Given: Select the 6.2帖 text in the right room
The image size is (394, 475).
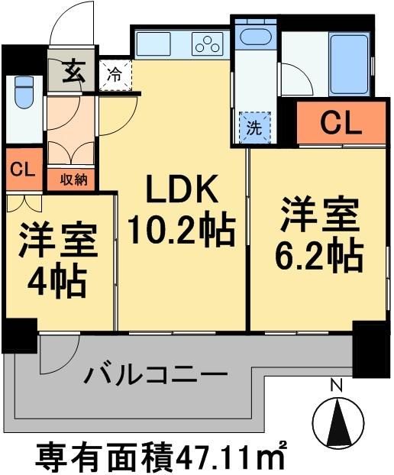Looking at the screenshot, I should click(x=320, y=258).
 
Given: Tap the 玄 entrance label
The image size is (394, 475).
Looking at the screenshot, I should click(x=73, y=73).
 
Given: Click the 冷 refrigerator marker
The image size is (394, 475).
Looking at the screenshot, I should click(x=114, y=76).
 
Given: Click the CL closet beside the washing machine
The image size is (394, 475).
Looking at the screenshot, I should click(x=340, y=122).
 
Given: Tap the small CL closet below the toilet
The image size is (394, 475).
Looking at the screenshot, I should click(x=23, y=170).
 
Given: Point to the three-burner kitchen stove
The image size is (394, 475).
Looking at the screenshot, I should click(x=206, y=44).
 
